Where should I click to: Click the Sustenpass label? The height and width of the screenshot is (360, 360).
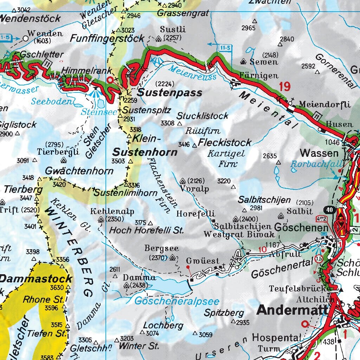coord(169,92)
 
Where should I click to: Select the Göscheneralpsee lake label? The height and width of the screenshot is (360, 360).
coord(177,301)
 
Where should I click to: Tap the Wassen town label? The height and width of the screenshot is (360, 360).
coord(319,153)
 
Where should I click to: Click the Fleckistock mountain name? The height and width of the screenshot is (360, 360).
coord(225,142)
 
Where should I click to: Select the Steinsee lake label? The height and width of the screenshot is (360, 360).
coord(94,112)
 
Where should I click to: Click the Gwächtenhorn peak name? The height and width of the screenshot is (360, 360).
coord(79,171)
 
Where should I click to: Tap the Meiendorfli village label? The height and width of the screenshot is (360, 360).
coord(325,104)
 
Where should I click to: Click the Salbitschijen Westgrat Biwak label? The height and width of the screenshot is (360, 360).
coord(239,230)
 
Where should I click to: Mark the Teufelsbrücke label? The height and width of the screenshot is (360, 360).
coord(300,289)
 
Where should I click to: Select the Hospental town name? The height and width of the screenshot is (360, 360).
coord(277,338)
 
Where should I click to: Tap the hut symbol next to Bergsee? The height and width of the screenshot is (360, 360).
coord(172,258)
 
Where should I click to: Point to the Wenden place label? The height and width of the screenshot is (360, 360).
coord(45,34)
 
